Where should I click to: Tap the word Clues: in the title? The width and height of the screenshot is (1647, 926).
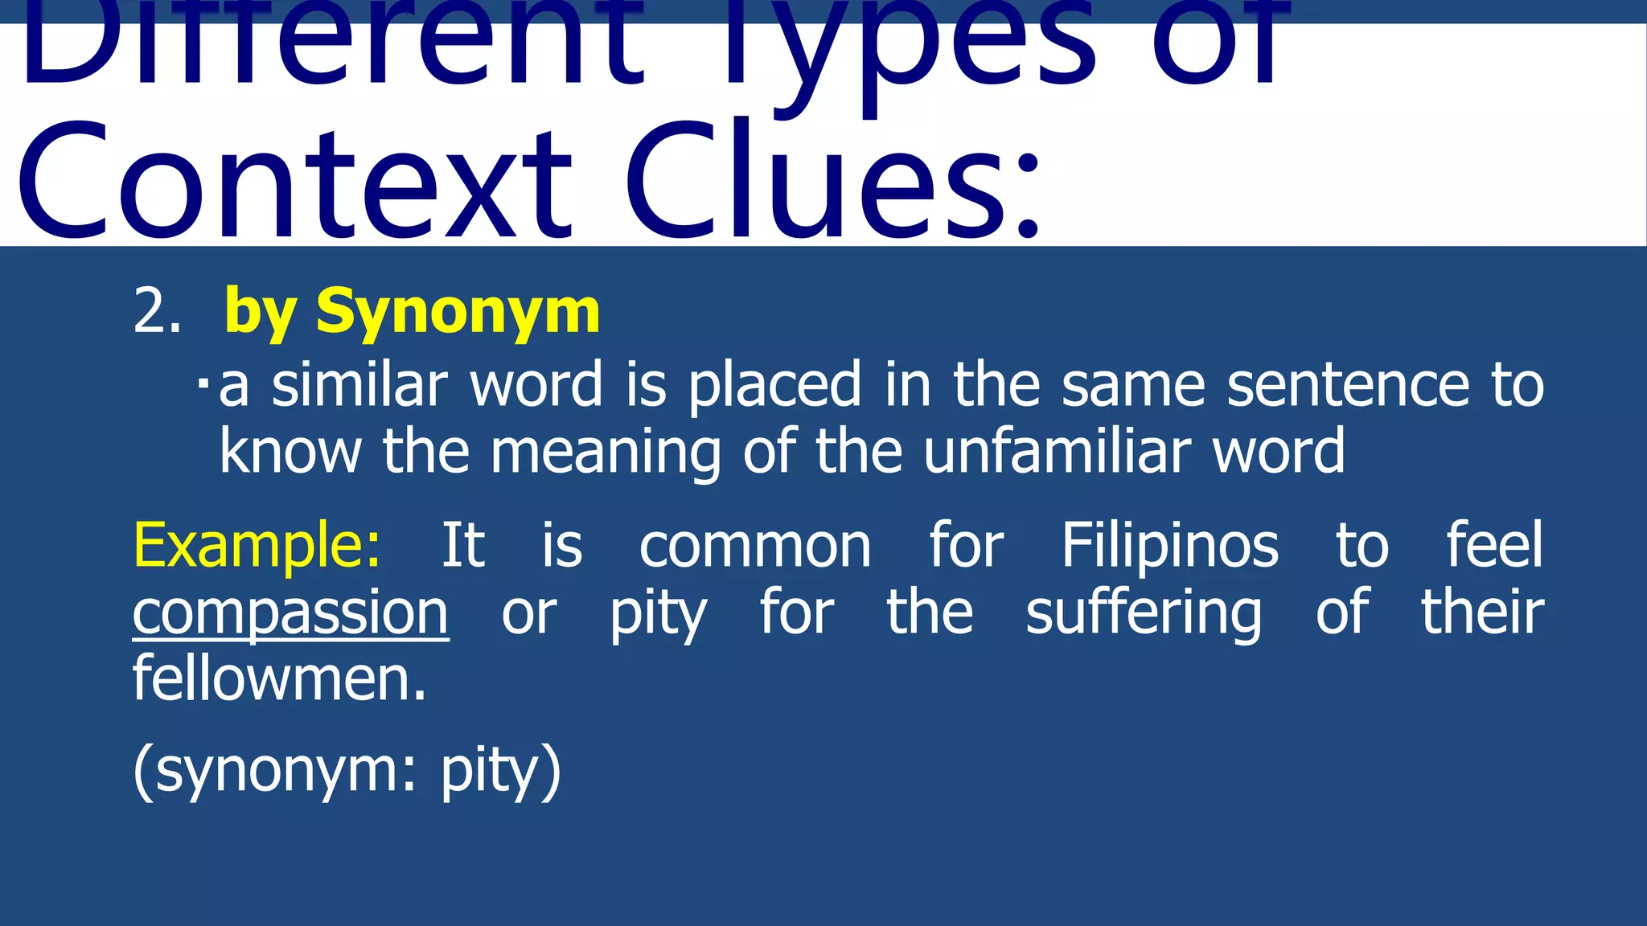tap(833, 183)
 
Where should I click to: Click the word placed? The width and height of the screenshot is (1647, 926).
tap(775, 387)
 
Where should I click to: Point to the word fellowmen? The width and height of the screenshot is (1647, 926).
tap(279, 679)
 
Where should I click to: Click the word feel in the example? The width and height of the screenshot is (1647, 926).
tap(1494, 545)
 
